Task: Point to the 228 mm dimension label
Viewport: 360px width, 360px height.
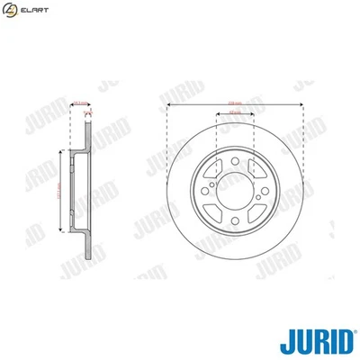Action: pos(235,101)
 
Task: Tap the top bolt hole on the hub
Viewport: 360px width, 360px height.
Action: pos(235,161)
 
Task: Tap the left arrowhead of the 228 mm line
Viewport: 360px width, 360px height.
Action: pos(169,104)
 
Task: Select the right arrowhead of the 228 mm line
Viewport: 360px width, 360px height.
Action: pos(301,104)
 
